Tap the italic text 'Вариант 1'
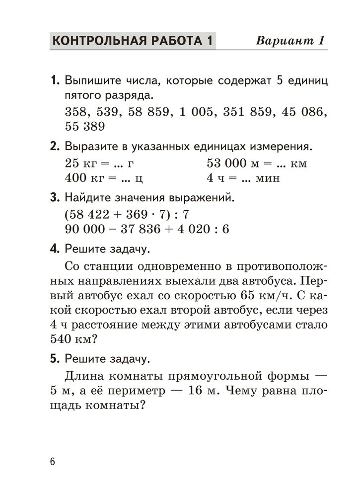pyautogui.click(x=290, y=41)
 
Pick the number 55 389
pyautogui.click(x=85, y=126)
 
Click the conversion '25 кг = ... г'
pyautogui.click(x=100, y=163)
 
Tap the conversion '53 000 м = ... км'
pyautogui.click(x=257, y=163)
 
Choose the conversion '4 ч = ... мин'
pyautogui.click(x=243, y=177)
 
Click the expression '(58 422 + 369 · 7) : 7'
pyautogui.click(x=128, y=214)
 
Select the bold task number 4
pyautogui.click(x=55, y=247)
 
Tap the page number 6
pyautogui.click(x=53, y=461)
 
